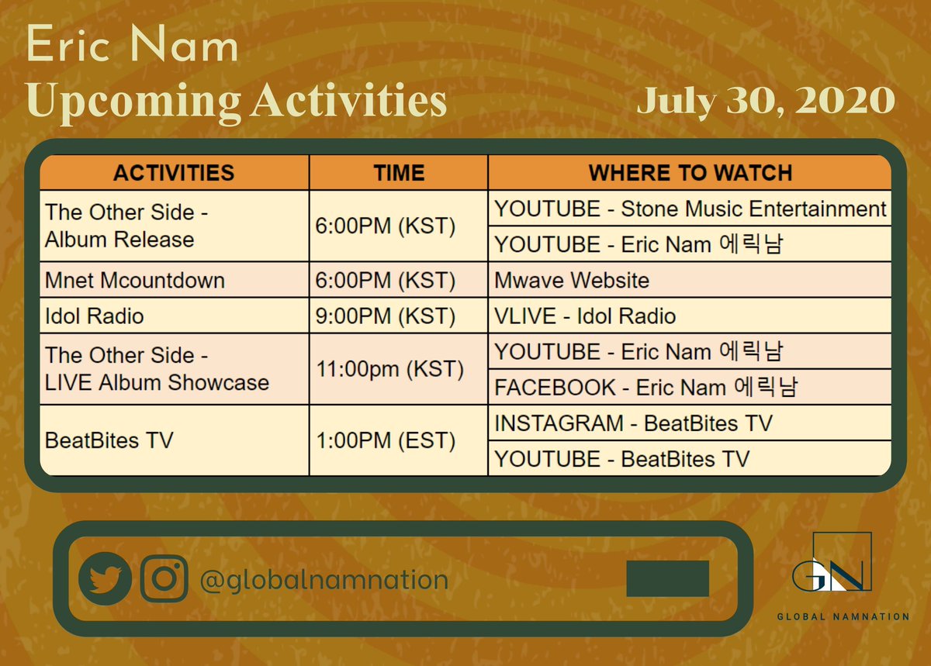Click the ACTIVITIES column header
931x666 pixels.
[x=174, y=172]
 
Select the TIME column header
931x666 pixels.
[x=399, y=172]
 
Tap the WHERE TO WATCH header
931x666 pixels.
[x=690, y=172]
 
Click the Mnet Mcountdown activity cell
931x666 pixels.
[x=135, y=280]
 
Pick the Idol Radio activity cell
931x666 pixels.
[x=95, y=316]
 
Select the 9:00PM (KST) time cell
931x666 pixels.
[x=386, y=316]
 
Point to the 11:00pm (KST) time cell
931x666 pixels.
[x=389, y=369]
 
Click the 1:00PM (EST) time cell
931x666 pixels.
[x=386, y=440]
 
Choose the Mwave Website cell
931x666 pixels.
[x=572, y=280]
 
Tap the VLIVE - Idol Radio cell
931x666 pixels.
[x=585, y=316]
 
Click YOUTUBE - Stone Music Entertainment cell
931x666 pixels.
[x=690, y=209]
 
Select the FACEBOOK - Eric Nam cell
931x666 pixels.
[x=646, y=387]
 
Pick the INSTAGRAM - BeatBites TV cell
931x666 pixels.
[x=633, y=423]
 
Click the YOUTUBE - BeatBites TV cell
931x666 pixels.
[x=622, y=458]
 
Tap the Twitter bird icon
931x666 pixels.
[x=105, y=578]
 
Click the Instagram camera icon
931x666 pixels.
[x=164, y=578]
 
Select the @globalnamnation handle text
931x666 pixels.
[x=324, y=580]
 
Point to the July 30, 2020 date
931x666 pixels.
[x=766, y=102]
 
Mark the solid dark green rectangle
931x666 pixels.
[x=667, y=578]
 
